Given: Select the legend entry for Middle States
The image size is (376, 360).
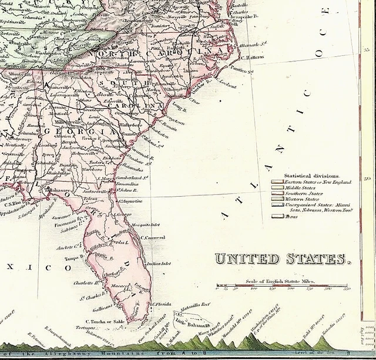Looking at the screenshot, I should click(300, 188).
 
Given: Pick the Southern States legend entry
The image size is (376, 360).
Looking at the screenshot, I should click(303, 193).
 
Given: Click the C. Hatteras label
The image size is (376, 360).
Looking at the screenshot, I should click(253, 58).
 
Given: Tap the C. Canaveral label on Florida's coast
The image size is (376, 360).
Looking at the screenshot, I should click(153, 238).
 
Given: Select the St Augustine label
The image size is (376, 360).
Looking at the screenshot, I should click(130, 201).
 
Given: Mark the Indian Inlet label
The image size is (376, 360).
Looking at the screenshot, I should click(158, 264).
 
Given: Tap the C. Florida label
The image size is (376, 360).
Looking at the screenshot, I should click(160, 304).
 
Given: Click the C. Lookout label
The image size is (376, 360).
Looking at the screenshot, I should click(226, 86).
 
